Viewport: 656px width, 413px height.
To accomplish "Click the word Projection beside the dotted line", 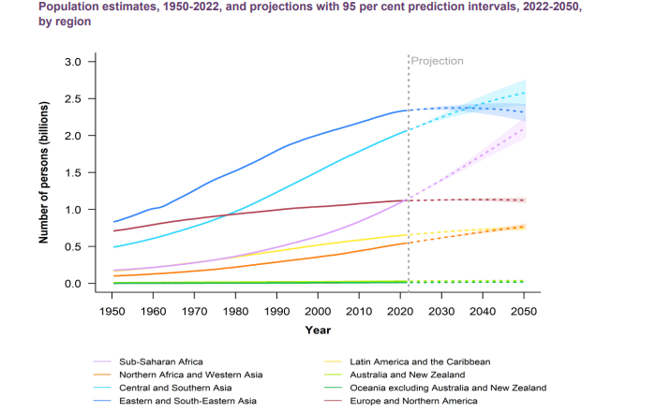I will pos(438,61).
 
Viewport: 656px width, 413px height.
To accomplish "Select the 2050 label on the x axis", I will pos(525,311).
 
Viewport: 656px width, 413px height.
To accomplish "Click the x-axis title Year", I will pos(318,330).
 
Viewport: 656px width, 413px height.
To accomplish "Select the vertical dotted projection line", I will pos(409,169).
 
